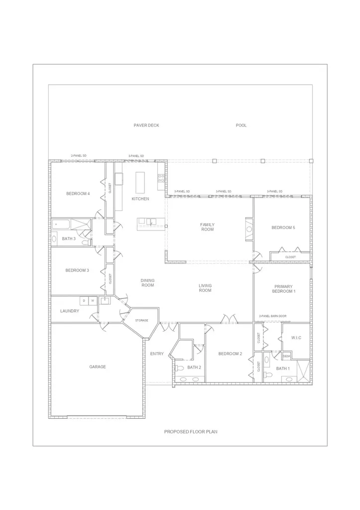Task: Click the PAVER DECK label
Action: point(146,126)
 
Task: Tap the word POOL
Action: point(241,126)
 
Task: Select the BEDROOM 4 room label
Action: point(78,194)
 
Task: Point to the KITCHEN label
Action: point(140,199)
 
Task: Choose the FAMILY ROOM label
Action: point(208,227)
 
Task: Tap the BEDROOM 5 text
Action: point(283,228)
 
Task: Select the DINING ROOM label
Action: point(147,283)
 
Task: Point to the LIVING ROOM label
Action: point(205,288)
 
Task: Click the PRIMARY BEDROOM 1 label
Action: point(284,289)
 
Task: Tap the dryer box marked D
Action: point(84,301)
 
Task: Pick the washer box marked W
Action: point(93,301)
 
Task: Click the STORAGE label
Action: point(142,320)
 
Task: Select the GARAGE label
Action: point(98,367)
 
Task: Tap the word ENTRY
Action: point(157,354)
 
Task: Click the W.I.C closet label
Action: point(296,338)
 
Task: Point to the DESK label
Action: point(286,356)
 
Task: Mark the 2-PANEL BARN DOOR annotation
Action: point(273,316)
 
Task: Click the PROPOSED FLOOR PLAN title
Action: point(191,432)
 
